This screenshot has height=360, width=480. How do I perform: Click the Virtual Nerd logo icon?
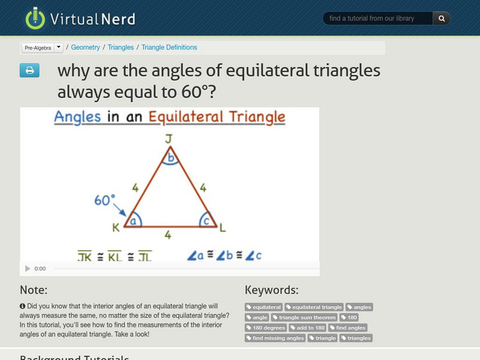[x=35, y=18]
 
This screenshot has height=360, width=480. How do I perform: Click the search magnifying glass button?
[x=442, y=19]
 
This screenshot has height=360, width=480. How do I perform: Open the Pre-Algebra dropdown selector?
[x=42, y=47]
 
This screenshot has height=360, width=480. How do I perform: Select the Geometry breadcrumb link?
[x=85, y=47]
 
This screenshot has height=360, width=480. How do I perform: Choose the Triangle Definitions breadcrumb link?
[x=169, y=47]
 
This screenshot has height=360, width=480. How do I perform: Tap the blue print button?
[x=29, y=71]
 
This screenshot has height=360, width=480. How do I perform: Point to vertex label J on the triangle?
[x=169, y=139]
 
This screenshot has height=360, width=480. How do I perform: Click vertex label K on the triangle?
[x=116, y=227]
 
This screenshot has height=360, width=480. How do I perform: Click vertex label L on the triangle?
[x=222, y=227]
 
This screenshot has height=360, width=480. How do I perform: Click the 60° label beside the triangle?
[x=105, y=200]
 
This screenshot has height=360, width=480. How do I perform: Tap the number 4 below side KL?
[x=168, y=236]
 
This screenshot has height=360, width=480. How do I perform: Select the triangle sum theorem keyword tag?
[x=304, y=317]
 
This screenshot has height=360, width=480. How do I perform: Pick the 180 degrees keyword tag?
[x=266, y=328]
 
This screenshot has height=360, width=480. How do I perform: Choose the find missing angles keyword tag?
[x=275, y=338]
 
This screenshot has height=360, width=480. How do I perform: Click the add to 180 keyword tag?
[x=308, y=328]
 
